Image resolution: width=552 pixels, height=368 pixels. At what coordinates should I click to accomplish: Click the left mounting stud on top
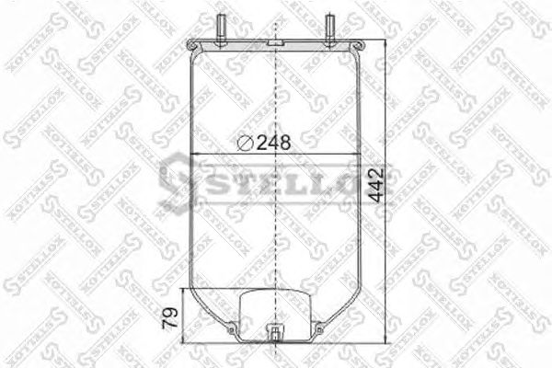point(223,23)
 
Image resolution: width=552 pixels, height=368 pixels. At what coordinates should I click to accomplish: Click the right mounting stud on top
point(329,23)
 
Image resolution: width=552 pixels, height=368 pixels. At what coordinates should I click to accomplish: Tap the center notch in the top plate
point(276,43)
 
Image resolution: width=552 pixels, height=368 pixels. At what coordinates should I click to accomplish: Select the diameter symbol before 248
point(246,142)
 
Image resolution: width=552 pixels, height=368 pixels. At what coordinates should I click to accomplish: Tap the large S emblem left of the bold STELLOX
point(175,178)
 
